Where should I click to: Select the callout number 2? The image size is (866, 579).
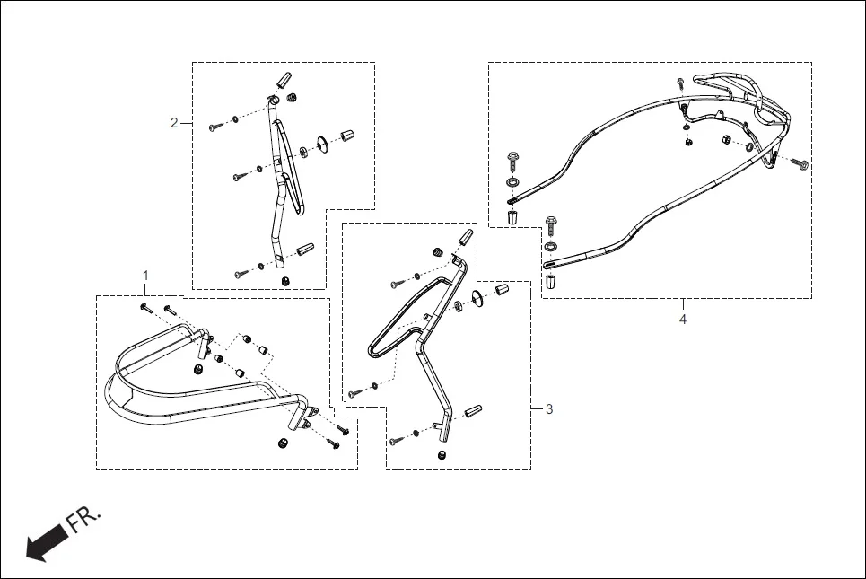click(x=174, y=123)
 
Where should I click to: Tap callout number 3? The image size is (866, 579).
click(x=549, y=408)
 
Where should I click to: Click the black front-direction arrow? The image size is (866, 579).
click(x=47, y=542)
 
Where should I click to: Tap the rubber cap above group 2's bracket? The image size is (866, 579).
click(x=286, y=79)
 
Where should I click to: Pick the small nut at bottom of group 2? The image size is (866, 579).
click(x=284, y=282)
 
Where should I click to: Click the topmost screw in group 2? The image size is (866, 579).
click(x=215, y=127)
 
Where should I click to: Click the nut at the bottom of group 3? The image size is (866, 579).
click(x=442, y=456)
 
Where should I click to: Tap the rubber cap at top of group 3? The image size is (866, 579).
click(x=465, y=238)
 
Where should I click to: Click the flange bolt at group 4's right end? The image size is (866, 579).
click(x=801, y=164)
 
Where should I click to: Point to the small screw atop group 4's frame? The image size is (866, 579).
click(x=680, y=82)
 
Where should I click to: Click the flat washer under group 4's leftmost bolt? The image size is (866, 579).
click(x=512, y=184)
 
